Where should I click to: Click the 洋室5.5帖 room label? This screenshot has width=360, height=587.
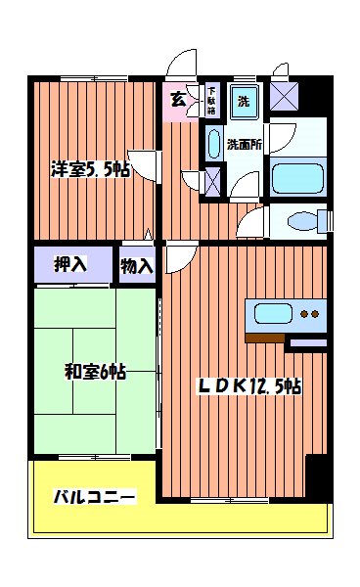pyautogui.click(x=90, y=169)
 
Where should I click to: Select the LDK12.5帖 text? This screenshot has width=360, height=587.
pyautogui.click(x=249, y=386)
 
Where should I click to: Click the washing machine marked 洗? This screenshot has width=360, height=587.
pyautogui.click(x=241, y=100)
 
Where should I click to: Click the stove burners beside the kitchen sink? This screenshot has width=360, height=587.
pyautogui.click(x=311, y=315)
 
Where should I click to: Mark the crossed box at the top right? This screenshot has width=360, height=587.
pyautogui.click(x=287, y=95)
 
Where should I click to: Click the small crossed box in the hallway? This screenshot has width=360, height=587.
pyautogui.click(x=213, y=181)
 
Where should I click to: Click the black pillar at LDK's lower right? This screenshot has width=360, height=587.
pyautogui.click(x=318, y=477)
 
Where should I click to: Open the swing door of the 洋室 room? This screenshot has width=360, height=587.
pyautogui.click(x=145, y=164)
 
